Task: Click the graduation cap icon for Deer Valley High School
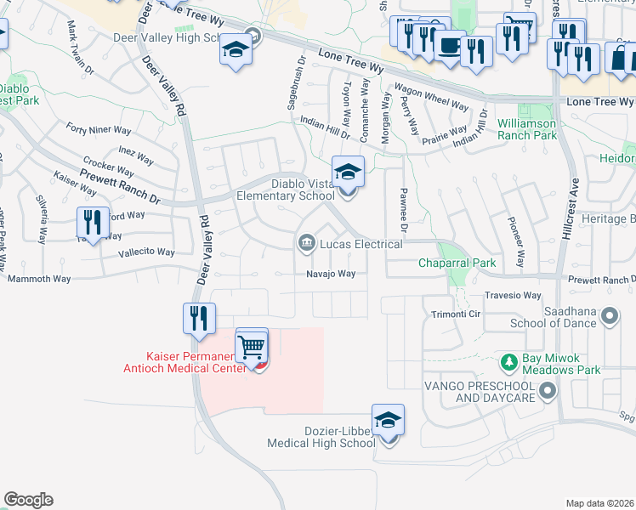236,49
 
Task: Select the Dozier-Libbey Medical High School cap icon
388,420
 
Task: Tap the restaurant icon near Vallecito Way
91,223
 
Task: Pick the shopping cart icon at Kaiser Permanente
252,346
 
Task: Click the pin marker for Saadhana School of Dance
609,317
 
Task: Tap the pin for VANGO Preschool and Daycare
548,391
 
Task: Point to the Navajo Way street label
331,274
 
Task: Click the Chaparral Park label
457,263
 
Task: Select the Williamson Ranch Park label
527,129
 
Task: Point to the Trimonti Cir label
457,313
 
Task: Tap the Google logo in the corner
28,500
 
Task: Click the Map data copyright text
599,502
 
